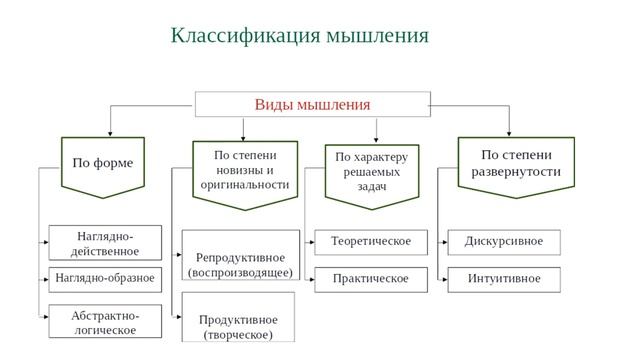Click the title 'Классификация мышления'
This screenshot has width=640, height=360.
point(299,36)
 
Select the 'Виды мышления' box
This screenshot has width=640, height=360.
point(312,105)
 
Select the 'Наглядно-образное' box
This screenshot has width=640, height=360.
point(105,278)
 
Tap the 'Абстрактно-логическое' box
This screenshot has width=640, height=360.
point(105,322)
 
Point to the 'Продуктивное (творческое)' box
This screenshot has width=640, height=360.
point(238,326)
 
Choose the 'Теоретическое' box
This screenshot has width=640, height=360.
point(371,242)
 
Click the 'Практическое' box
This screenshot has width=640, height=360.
point(371,278)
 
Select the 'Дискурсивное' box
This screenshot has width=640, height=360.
point(504,242)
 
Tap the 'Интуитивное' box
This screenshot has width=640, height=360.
point(504,278)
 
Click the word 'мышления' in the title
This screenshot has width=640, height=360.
point(379,36)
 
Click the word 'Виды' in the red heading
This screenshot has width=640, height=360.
point(273,105)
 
